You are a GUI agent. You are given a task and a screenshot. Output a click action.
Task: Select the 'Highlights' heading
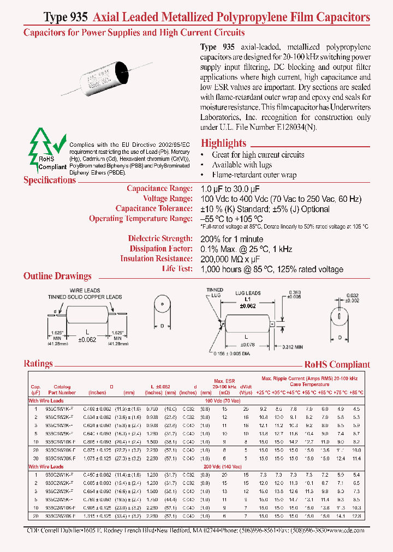point(223,143)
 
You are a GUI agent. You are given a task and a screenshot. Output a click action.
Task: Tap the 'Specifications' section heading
point(50,180)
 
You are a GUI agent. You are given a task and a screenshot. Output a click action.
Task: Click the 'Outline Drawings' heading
point(57,276)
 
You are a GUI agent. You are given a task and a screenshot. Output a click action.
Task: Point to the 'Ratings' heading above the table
point(38,363)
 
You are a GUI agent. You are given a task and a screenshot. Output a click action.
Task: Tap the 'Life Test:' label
point(177,269)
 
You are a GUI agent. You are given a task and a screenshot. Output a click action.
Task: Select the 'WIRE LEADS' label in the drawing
point(84,290)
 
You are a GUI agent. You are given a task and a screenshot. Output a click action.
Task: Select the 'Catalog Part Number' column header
point(62,389)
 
